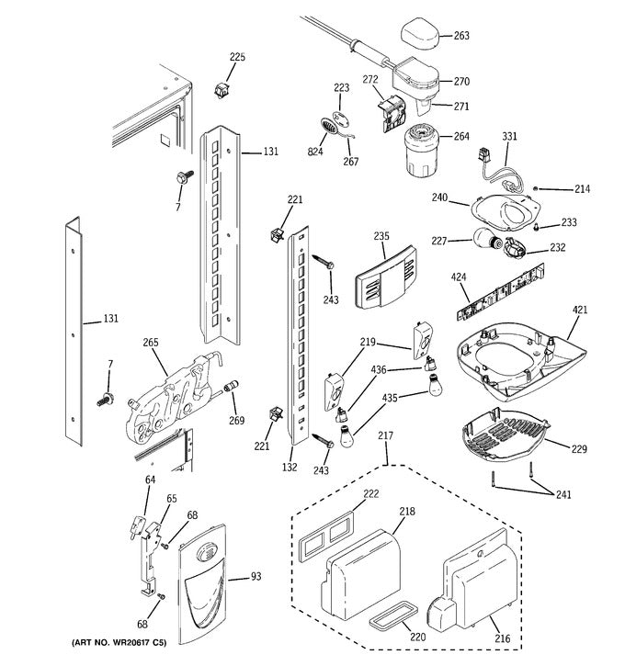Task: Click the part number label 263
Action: tap(460, 37)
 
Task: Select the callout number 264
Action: tap(460, 138)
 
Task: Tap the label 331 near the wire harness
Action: tap(509, 137)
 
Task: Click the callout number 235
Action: tap(381, 236)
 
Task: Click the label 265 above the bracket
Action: tap(151, 343)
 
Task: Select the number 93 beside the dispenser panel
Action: tap(256, 578)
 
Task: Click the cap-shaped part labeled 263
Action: tap(420, 36)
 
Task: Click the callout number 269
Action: tap(237, 421)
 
